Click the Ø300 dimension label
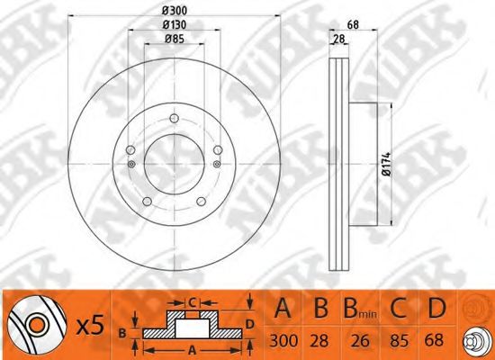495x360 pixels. tap(175, 11)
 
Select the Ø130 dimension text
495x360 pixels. tap(175, 24)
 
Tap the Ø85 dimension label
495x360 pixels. tap(175, 39)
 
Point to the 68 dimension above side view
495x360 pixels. tap(353, 24)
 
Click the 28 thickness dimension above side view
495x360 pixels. tap(338, 40)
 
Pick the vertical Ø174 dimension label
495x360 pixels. tap(386, 164)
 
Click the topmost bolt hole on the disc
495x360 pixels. tap(175, 119)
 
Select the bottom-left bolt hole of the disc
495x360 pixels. tap(147, 202)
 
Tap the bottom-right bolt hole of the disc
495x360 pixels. tap(201, 202)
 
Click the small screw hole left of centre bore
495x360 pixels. tap(131, 164)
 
